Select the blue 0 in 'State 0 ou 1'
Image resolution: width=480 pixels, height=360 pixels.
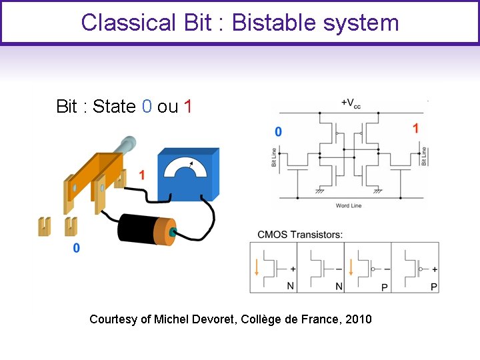[x=147, y=107]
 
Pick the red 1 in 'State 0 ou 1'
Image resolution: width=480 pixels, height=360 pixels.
[x=188, y=107]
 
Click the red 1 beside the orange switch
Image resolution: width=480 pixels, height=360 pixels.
[x=141, y=175]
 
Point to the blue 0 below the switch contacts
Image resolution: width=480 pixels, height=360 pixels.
[x=76, y=248]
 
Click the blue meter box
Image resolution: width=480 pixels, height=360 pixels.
[x=187, y=175]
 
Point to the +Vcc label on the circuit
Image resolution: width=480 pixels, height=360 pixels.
[x=351, y=104]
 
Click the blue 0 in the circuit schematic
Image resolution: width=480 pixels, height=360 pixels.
[x=278, y=132]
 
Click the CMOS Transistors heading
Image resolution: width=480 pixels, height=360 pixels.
[x=300, y=234]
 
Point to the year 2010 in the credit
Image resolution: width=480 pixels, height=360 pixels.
[x=359, y=319]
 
